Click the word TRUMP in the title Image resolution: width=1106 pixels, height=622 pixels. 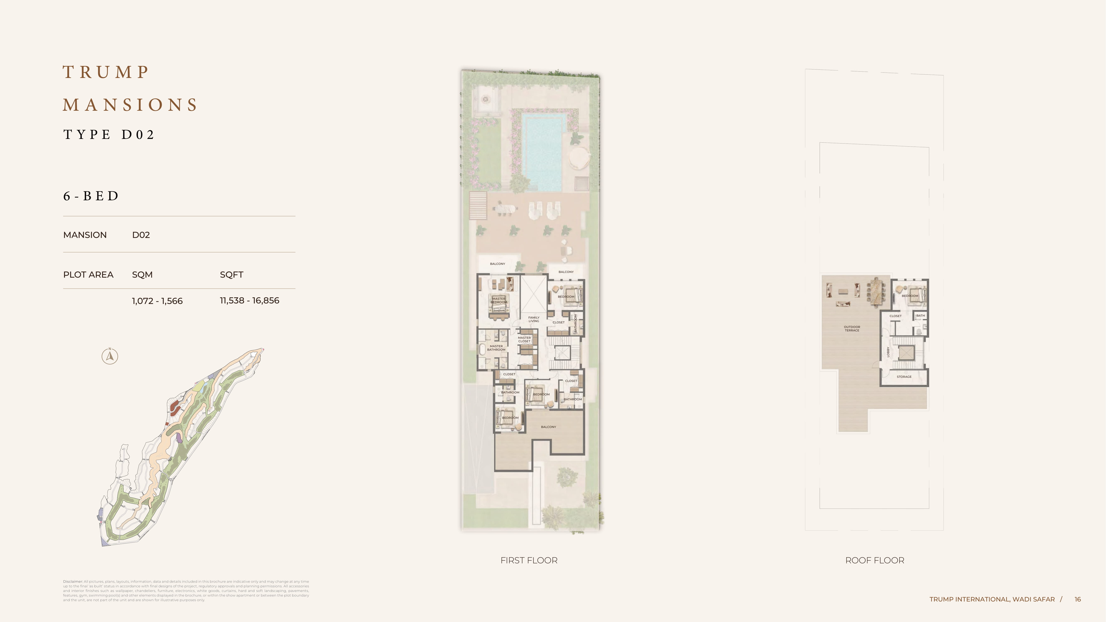pos(106,72)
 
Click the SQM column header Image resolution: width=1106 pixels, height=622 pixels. pos(142,275)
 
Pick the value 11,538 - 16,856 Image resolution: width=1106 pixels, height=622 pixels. pos(249,300)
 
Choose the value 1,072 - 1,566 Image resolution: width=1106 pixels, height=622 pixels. pos(157,301)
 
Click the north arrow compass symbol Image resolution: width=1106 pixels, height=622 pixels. pos(110,356)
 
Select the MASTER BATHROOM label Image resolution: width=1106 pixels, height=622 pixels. pos(496,348)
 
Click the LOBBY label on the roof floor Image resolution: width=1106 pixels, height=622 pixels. pos(888,352)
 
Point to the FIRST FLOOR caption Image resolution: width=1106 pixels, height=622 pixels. pos(529,560)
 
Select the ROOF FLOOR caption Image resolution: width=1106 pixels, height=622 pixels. pos(875,560)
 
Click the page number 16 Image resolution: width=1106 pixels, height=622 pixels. pos(1078,599)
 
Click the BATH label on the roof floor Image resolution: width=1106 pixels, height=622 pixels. pos(920,316)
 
